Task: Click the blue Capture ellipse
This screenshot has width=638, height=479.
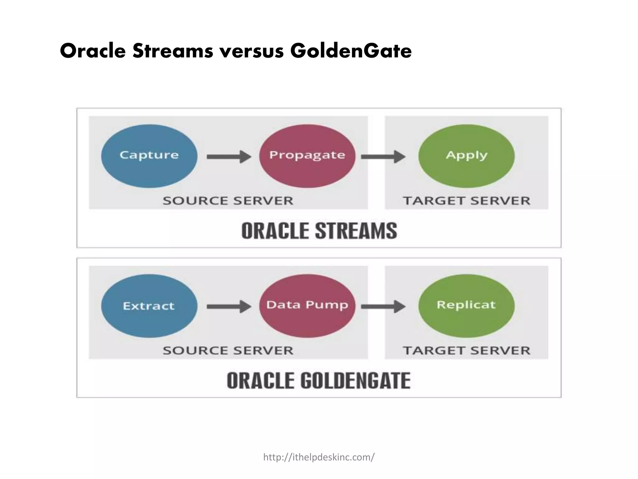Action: tap(149, 156)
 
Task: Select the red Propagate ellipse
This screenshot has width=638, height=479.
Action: tap(307, 156)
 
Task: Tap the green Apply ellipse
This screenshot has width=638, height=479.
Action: tap(466, 156)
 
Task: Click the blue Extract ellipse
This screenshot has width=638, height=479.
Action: tap(149, 306)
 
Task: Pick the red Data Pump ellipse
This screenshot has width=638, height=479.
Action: tap(307, 306)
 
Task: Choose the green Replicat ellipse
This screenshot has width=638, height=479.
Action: tap(466, 306)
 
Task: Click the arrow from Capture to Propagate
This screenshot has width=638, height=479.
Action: tap(229, 157)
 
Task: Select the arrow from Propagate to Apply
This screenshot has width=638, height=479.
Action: tap(383, 157)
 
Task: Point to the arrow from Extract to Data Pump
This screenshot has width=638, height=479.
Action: tap(229, 307)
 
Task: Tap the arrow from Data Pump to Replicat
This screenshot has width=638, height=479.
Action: tap(383, 307)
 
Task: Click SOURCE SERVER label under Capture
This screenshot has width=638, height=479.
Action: tap(228, 201)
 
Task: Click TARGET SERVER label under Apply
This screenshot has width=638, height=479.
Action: tap(466, 201)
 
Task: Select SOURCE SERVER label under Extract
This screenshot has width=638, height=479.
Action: tap(228, 351)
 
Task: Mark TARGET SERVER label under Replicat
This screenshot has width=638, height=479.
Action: tap(466, 351)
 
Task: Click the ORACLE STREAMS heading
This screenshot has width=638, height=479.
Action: tap(319, 231)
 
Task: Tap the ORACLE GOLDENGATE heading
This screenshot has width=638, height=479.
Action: tap(319, 381)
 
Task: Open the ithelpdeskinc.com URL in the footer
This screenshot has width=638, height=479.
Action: tap(319, 457)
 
